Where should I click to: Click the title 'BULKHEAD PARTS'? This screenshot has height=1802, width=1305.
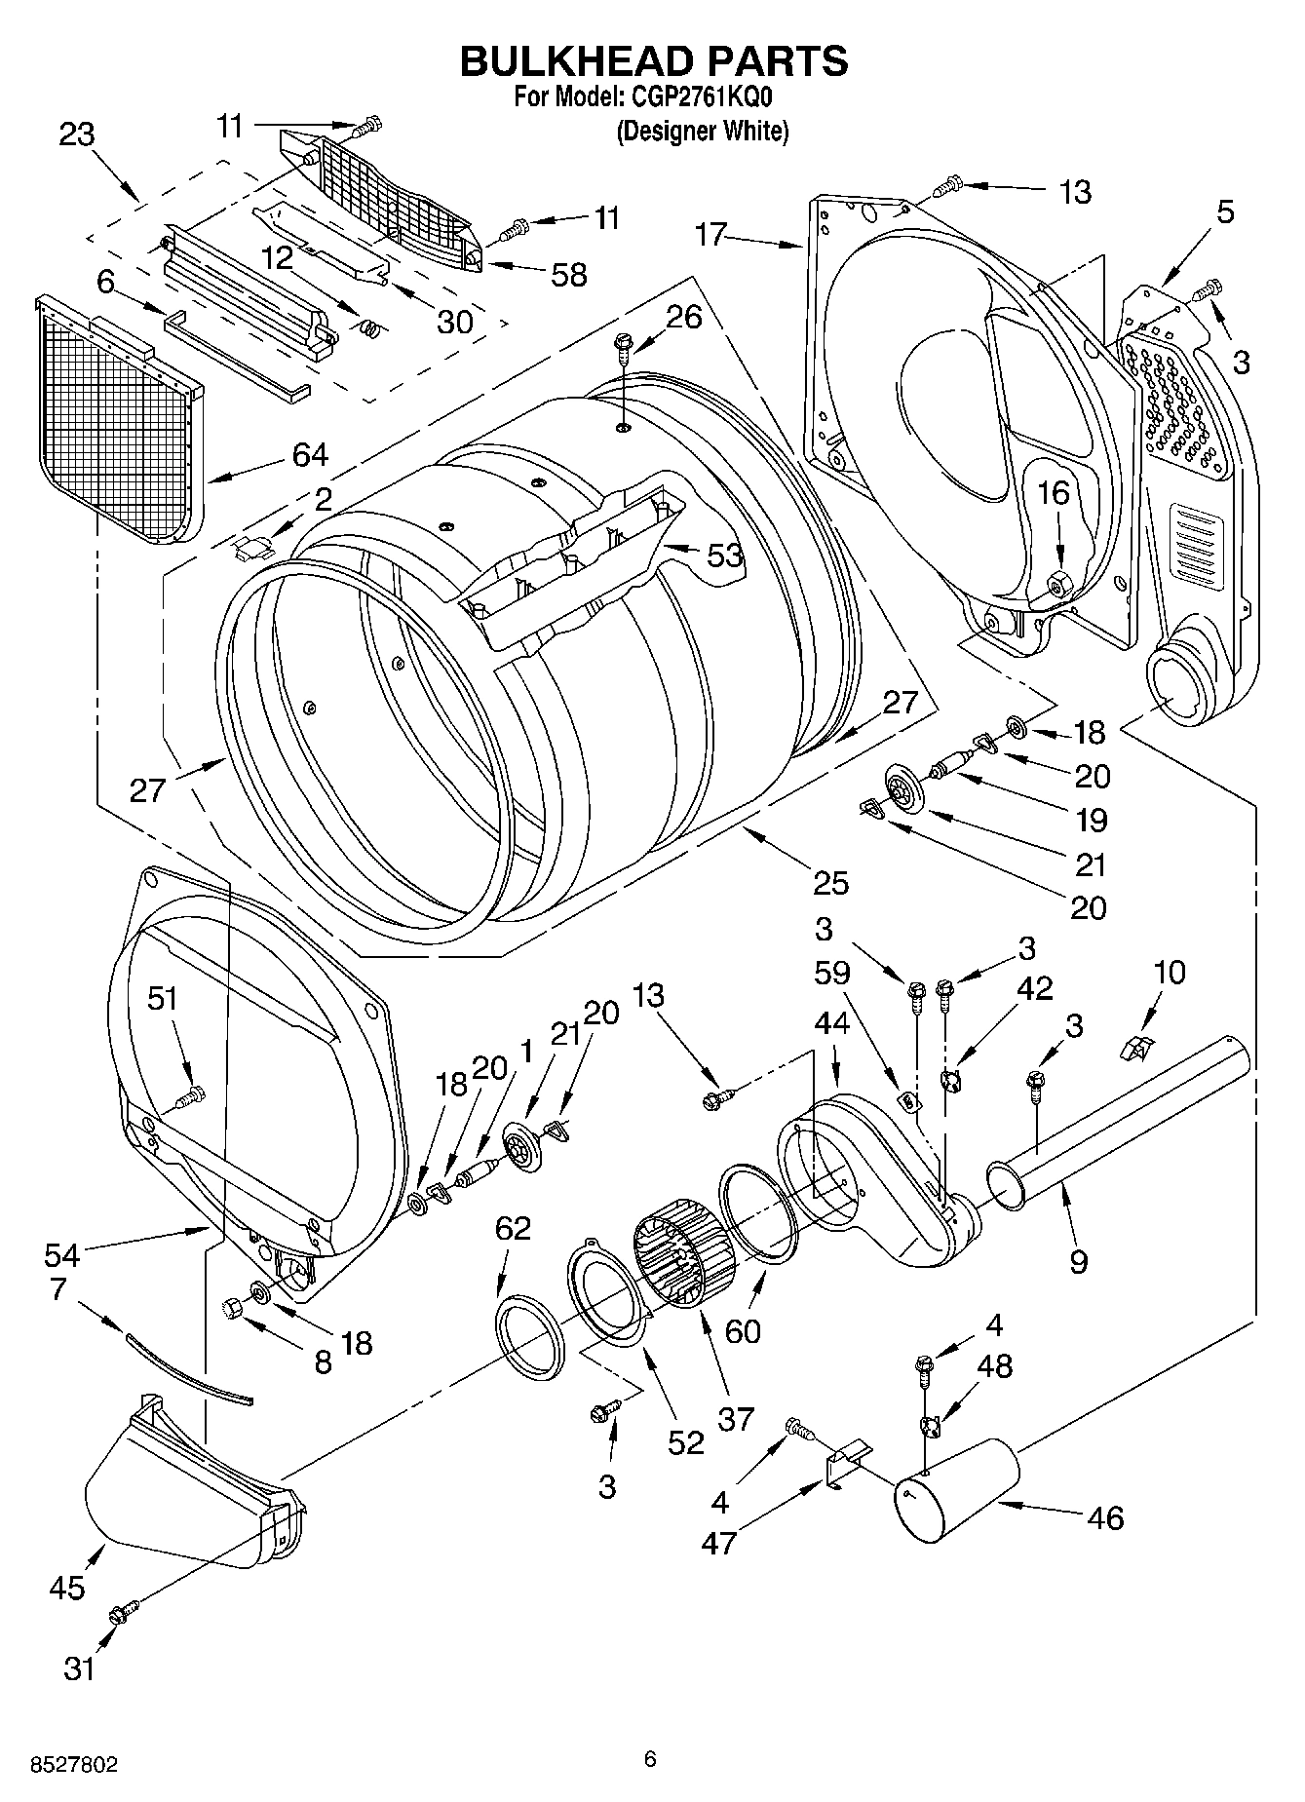pyautogui.click(x=653, y=60)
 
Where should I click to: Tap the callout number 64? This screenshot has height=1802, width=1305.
pyautogui.click(x=309, y=454)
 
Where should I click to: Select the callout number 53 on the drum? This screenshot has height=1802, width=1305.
pyautogui.click(x=724, y=556)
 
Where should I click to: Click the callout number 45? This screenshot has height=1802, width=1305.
pyautogui.click(x=67, y=1588)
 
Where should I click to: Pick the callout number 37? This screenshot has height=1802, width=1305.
pyautogui.click(x=736, y=1419)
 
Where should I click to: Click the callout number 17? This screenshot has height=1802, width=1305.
pyautogui.click(x=711, y=235)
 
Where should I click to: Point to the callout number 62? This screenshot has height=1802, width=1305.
pyautogui.click(x=513, y=1229)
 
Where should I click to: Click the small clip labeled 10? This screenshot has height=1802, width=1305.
pyautogui.click(x=1135, y=1048)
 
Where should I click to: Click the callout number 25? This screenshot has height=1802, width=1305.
pyautogui.click(x=830, y=883)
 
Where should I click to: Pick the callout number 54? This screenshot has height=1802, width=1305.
pyautogui.click(x=61, y=1253)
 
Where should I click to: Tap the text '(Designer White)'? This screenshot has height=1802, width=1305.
pyautogui.click(x=702, y=132)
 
